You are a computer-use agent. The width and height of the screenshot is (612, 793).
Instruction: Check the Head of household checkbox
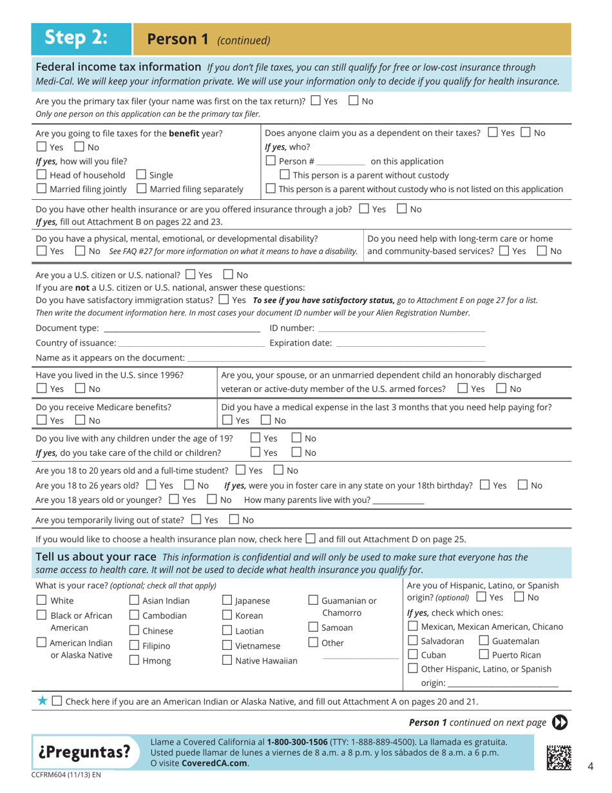[x=41, y=175]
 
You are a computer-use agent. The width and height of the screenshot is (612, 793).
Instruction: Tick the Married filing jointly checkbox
[x=41, y=189]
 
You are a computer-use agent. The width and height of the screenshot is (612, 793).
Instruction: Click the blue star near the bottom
[x=42, y=701]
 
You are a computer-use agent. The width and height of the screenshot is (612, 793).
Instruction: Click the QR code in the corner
[x=559, y=756]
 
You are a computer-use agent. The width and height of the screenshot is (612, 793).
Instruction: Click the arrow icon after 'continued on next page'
[x=560, y=723]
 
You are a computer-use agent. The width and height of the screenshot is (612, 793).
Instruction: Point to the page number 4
[x=590, y=766]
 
